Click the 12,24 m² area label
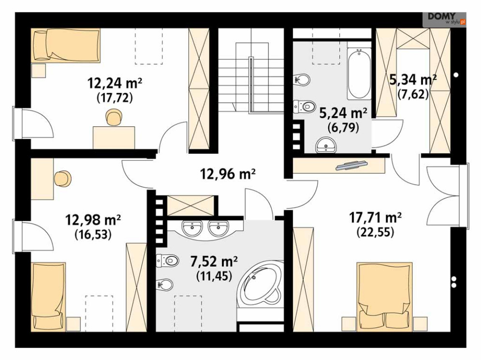coord(115,83)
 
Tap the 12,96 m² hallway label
coord(228,174)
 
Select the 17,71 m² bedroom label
coord(375,218)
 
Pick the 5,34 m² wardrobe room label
coord(413,80)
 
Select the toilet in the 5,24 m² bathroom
coord(304,106)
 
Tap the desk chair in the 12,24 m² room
coord(114,118)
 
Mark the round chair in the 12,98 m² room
coord(63,178)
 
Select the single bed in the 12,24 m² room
coord(66,45)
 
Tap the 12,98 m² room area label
coord(93,220)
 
